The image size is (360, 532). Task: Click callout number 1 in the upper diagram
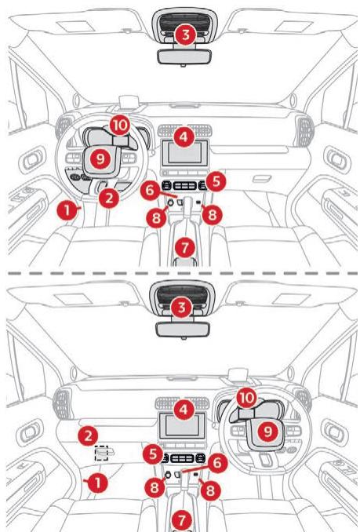[67, 210]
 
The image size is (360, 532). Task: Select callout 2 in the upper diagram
[109, 199]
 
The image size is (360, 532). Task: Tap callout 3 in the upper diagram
[185, 35]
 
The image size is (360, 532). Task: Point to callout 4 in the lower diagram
[184, 410]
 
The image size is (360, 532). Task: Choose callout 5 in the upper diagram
[216, 181]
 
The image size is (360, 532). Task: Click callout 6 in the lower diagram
[217, 463]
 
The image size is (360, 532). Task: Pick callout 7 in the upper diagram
[185, 247]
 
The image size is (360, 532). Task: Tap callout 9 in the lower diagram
[267, 432]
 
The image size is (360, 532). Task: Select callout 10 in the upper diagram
[120, 126]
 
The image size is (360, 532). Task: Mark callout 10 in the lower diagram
[246, 398]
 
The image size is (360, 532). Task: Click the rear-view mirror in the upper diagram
[184, 56]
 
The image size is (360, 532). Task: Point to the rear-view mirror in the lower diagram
[183, 330]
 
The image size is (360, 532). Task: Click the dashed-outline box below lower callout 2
[101, 454]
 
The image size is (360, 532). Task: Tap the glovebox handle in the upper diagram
[262, 178]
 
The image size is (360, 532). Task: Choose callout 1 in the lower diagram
[97, 483]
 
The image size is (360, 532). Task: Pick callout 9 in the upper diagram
[100, 159]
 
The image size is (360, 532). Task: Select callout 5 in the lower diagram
[153, 454]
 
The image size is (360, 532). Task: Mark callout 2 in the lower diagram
[88, 435]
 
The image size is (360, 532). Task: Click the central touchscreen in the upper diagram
[185, 153]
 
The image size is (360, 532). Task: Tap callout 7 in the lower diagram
[182, 519]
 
